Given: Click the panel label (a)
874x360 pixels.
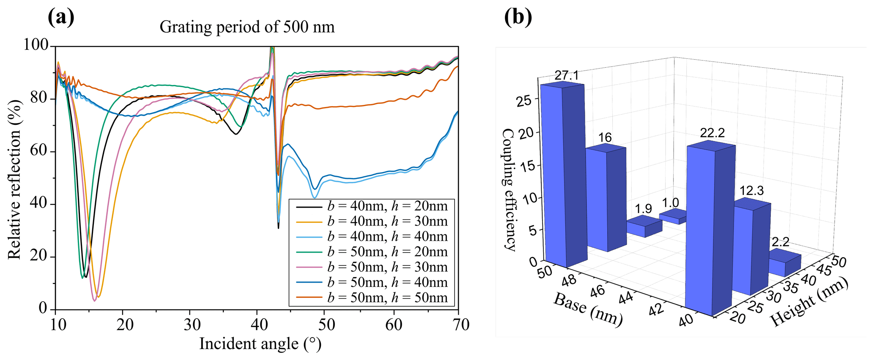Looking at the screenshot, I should pos(61,17).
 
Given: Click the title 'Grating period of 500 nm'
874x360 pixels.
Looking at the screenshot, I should pos(247,27).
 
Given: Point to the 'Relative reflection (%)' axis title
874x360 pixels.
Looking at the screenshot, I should pos(14,179).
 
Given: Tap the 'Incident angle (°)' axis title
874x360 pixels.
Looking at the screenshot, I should pos(260,344).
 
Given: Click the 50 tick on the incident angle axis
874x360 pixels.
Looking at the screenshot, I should pos(326,324).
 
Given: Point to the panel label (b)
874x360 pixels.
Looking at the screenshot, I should pos(518,17).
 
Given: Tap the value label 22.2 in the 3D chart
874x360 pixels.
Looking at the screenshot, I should pos(712,133).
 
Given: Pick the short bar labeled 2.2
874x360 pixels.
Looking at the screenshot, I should pos(784,264).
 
